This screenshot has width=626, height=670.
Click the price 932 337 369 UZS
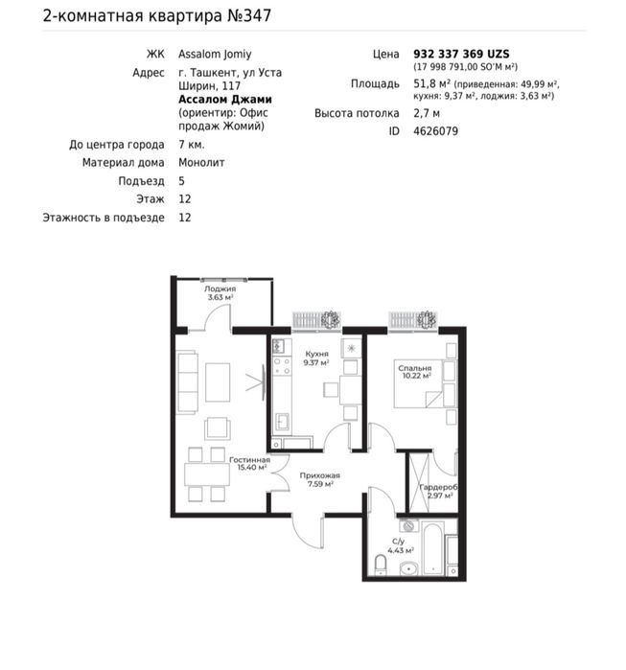(461, 54)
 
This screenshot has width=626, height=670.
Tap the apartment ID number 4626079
(435, 130)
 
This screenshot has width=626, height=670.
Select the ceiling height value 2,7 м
(427, 113)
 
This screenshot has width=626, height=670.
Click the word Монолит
(201, 162)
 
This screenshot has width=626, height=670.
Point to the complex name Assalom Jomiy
(215, 55)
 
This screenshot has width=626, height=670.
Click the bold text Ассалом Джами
(225, 100)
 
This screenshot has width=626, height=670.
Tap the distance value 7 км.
(192, 145)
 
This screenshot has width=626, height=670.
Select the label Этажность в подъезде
(104, 218)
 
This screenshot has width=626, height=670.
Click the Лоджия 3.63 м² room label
(220, 293)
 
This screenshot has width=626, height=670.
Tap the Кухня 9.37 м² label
(316, 358)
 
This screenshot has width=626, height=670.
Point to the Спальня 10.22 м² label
(415, 372)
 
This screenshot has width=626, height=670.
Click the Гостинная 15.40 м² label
(250, 464)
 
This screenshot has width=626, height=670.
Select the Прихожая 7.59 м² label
(319, 479)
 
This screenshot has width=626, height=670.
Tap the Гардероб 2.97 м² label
(439, 492)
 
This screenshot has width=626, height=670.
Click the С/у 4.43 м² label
(401, 546)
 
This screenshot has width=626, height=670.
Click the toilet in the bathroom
(381, 565)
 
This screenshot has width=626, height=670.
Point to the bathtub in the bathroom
(432, 548)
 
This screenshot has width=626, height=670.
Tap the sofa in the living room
(188, 382)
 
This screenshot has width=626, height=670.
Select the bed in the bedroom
(425, 383)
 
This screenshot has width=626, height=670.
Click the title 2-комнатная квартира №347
(157, 15)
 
